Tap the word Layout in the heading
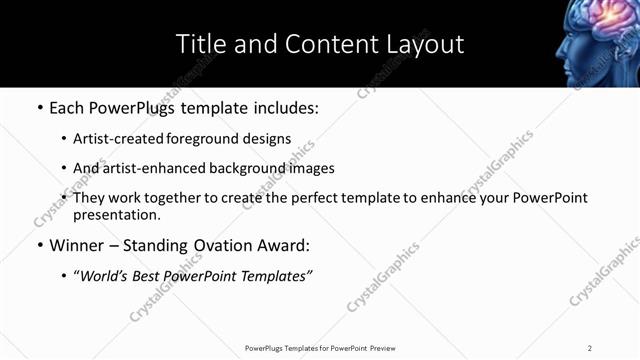coord(425,44)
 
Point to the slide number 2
coord(590,348)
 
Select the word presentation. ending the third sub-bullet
coord(116,215)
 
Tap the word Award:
coord(281,245)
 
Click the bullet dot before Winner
coord(39,246)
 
